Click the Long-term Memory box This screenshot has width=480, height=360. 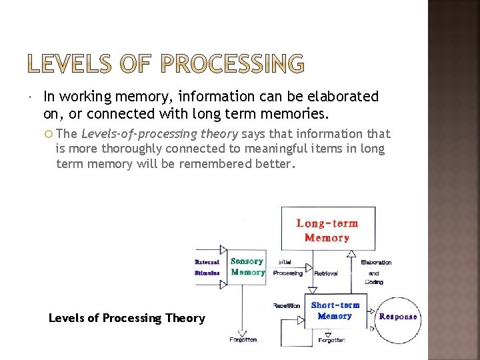[x=327, y=230]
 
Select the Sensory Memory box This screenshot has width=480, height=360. [x=247, y=267]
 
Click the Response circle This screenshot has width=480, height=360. [x=398, y=316]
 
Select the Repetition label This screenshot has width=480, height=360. [x=286, y=305]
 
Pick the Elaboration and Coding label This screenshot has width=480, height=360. [x=376, y=272]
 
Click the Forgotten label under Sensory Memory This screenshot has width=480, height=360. [x=242, y=339]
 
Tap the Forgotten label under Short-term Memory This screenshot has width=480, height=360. [x=331, y=340]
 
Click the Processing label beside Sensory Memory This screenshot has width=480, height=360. [x=288, y=273]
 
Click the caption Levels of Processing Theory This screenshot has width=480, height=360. [x=127, y=318]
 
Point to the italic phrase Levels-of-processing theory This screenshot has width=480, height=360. [x=159, y=134]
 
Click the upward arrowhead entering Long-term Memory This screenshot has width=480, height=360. [x=351, y=254]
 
